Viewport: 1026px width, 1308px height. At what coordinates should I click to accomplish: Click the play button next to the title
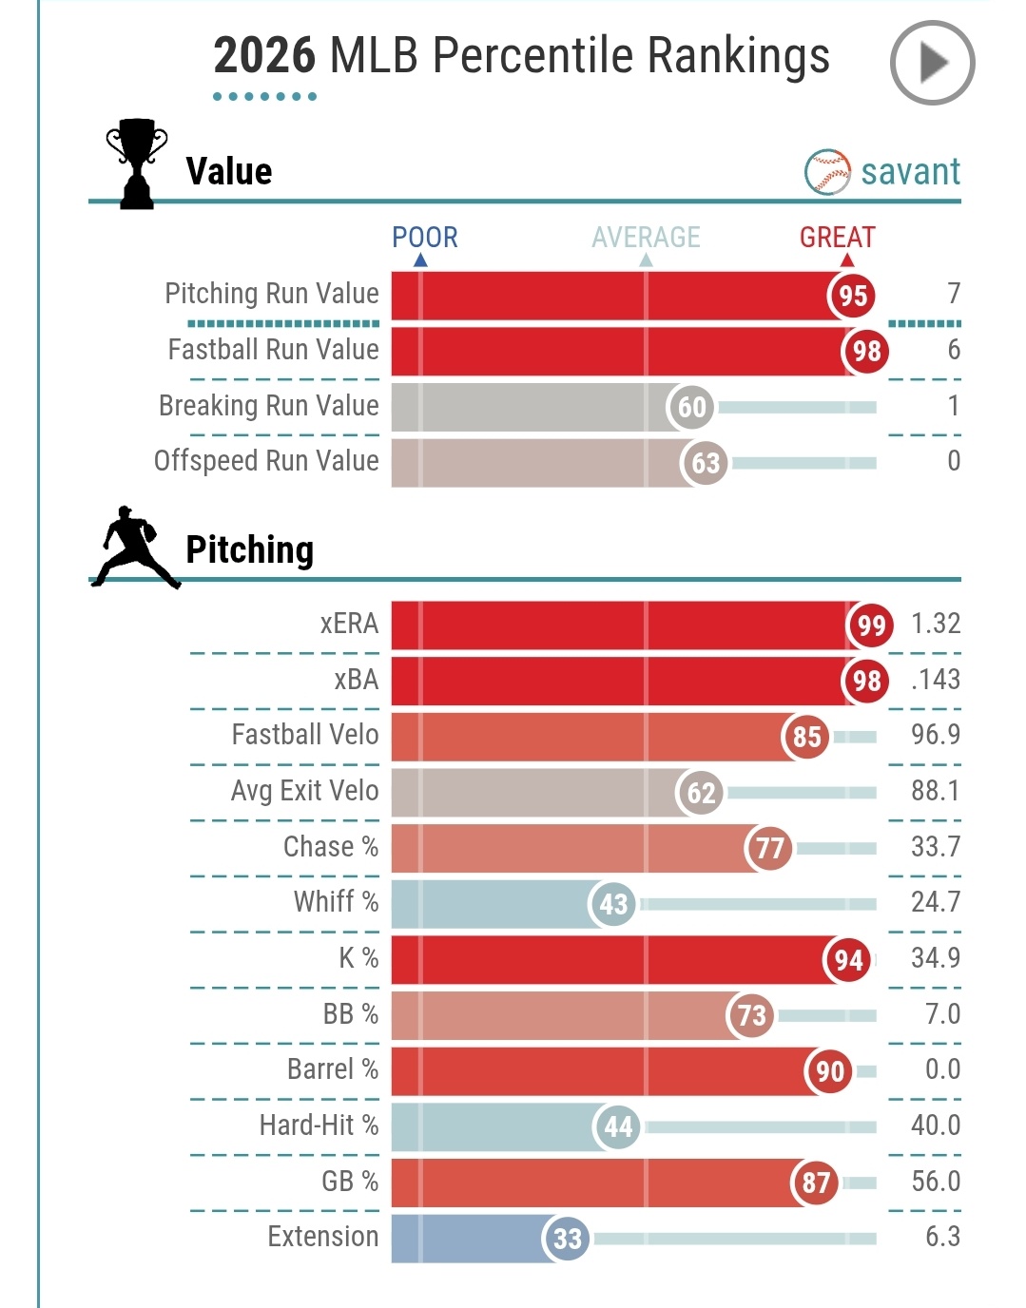coord(932,63)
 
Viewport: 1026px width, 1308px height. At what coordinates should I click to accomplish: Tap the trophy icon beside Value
coord(137,163)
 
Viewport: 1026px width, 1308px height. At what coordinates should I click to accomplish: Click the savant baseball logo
coord(827,172)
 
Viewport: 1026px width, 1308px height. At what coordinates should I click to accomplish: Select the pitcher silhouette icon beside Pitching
coord(135,548)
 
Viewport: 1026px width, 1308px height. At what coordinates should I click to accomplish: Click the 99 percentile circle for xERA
coord(870,625)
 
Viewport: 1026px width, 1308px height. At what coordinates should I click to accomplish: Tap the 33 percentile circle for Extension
coord(567,1239)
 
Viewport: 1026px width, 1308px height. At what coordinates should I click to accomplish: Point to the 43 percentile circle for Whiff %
coord(613,904)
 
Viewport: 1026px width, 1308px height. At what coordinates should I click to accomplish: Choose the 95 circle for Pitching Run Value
coord(852,296)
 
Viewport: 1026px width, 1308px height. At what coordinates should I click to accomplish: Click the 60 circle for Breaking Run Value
coord(691,407)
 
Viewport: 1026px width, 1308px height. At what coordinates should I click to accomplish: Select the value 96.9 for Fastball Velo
coord(935,735)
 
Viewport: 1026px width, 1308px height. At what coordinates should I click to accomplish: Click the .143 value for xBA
coord(935,680)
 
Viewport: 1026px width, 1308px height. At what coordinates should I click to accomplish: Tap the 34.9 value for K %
coord(935,957)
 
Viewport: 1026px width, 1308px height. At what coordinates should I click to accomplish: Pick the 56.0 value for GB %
coord(935,1182)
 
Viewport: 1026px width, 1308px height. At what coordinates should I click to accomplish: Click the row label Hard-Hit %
coord(319,1125)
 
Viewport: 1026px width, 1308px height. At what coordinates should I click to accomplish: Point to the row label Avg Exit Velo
coord(304,791)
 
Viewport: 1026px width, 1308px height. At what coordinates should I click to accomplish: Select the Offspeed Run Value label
coord(266,461)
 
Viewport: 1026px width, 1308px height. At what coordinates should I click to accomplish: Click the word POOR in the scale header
coord(425,237)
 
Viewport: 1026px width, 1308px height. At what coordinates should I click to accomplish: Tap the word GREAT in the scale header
coord(837,237)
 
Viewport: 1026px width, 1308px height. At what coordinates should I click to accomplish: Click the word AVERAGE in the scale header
coord(646,237)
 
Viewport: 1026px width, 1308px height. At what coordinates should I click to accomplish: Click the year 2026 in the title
coord(263,55)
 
